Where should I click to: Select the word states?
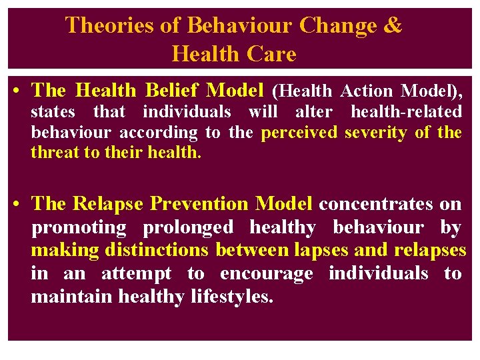click(53, 111)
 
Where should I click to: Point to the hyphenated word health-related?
click(406, 111)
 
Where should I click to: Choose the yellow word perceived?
click(299, 133)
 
